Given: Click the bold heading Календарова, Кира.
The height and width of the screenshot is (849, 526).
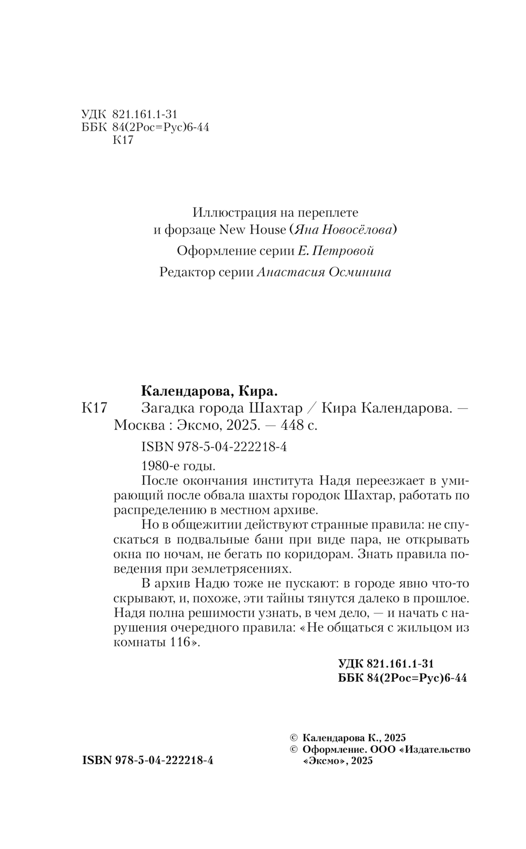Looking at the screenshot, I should [x=209, y=391].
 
